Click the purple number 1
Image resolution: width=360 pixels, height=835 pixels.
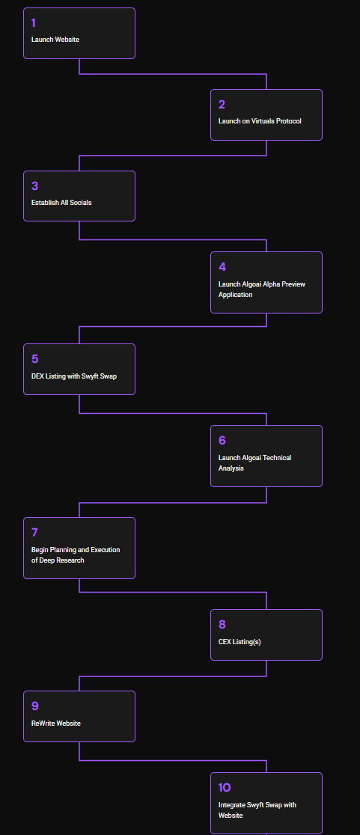(34, 23)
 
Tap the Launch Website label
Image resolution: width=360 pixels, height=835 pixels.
(55, 40)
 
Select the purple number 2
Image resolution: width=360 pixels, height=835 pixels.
(222, 105)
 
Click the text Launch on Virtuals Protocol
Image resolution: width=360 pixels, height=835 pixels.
(260, 121)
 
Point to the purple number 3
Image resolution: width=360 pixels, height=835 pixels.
(34, 186)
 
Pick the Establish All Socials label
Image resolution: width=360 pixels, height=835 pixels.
(61, 202)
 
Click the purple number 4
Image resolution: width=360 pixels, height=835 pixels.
(222, 267)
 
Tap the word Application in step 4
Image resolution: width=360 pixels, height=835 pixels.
(235, 295)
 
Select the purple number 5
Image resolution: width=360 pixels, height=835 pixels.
(34, 359)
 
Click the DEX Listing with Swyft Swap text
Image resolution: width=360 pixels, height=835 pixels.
(74, 376)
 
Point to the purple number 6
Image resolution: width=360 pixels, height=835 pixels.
(222, 441)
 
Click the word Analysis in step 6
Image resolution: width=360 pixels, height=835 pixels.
(231, 468)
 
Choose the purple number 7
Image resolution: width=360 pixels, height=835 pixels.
(34, 533)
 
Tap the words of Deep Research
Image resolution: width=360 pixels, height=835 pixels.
(58, 560)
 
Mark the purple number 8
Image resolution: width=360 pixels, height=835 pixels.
(222, 625)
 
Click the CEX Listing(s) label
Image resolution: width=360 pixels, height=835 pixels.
(240, 642)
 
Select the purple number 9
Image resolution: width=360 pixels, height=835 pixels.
(35, 706)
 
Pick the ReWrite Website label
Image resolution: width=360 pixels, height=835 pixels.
(56, 724)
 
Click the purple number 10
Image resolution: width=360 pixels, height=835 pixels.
(225, 788)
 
